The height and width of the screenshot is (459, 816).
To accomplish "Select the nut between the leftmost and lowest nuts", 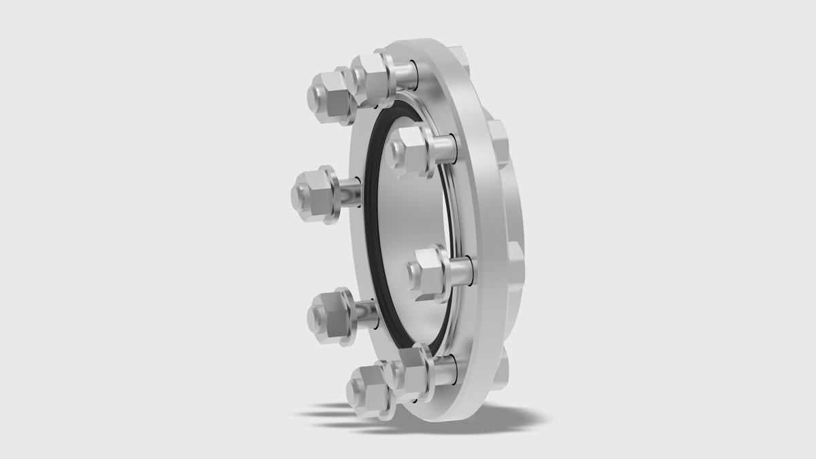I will tap(328, 316).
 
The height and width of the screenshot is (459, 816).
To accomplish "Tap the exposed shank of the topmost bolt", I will tap(405, 71).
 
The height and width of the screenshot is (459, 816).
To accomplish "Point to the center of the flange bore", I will tap(408, 218).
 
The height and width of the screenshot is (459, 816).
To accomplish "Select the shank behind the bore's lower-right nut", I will tap(462, 271).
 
